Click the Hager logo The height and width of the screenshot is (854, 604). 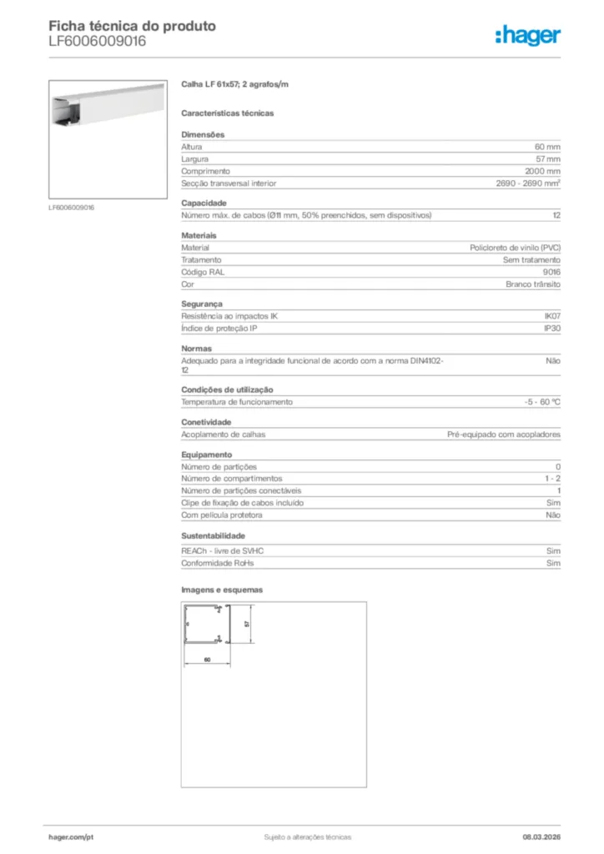point(527,35)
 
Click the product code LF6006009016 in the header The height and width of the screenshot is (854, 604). point(98,41)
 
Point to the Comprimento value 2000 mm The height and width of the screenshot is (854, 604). point(542,171)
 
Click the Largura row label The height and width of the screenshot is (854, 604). point(195,159)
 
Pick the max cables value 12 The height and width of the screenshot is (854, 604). point(556,215)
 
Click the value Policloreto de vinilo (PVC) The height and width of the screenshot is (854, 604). point(516,248)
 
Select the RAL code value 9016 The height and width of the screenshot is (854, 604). point(551,272)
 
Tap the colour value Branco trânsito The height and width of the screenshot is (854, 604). point(532,284)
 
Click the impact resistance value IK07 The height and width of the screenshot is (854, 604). point(552,316)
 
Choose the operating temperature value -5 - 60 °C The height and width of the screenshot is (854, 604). point(536,402)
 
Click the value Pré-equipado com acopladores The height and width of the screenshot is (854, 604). point(504,435)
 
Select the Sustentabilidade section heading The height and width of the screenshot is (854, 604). point(214,535)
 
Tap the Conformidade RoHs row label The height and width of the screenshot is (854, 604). point(218,564)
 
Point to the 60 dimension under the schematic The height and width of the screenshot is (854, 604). point(206,659)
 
